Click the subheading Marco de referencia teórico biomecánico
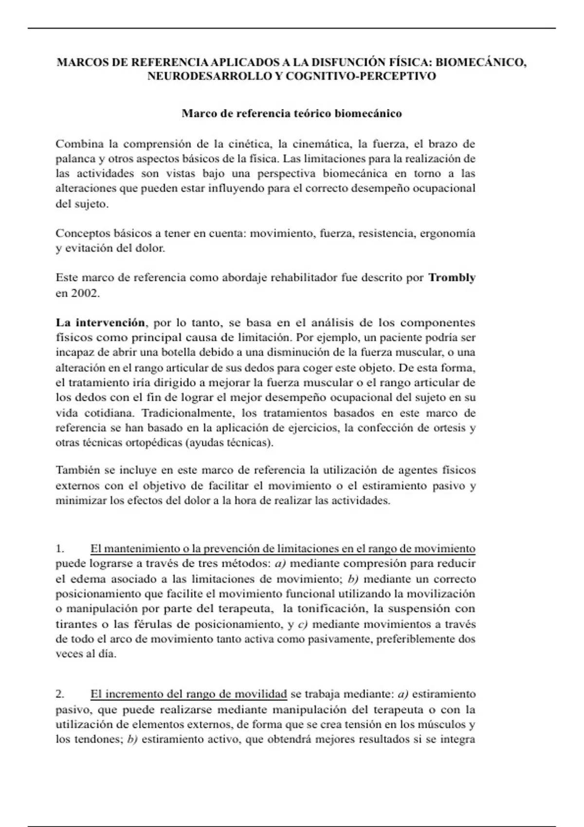click(x=292, y=114)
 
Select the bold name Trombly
click(x=452, y=278)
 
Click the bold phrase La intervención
click(x=100, y=323)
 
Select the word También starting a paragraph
click(x=78, y=470)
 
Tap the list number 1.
click(x=60, y=549)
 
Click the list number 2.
click(x=60, y=694)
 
